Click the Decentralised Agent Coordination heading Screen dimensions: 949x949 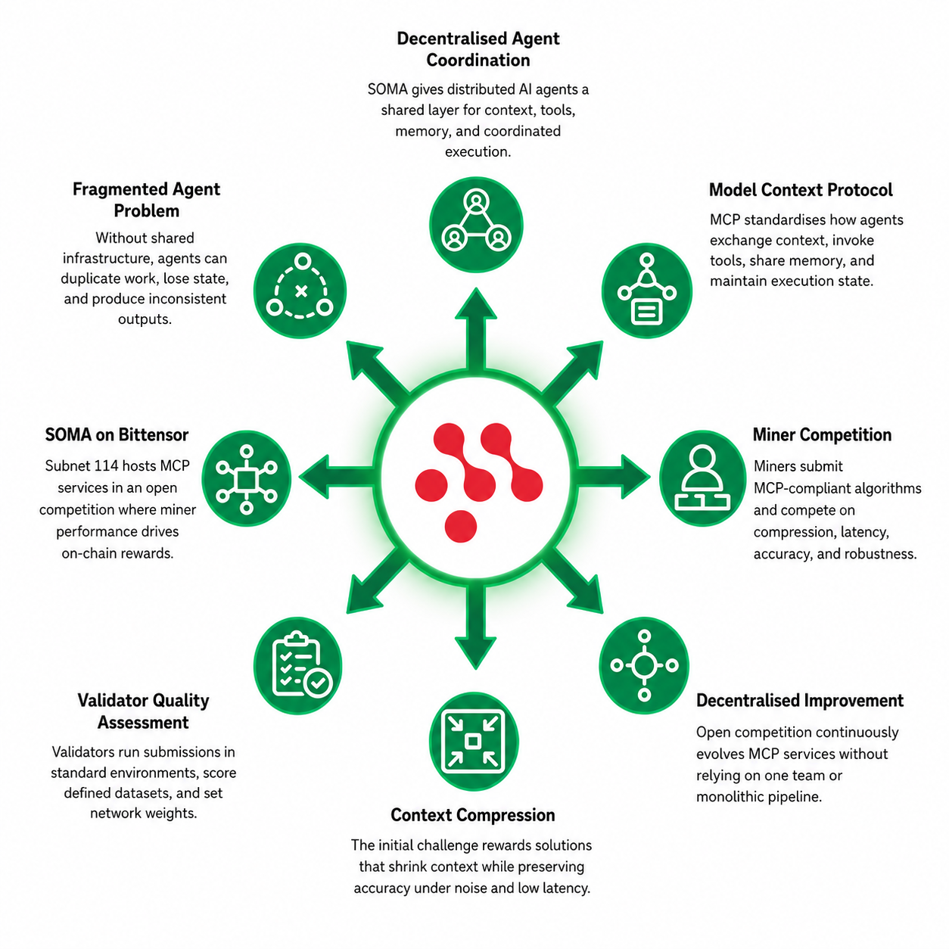click(x=478, y=49)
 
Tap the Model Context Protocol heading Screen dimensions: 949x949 click(x=800, y=190)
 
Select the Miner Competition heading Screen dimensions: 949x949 click(x=822, y=435)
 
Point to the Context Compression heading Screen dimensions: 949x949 click(x=473, y=816)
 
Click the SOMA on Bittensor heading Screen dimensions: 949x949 click(x=117, y=435)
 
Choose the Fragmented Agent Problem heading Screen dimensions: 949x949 click(x=146, y=200)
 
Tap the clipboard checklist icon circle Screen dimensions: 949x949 click(x=298, y=665)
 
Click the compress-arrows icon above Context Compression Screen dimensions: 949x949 click(x=473, y=741)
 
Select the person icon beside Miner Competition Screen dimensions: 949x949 click(x=703, y=478)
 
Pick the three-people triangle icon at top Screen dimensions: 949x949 click(x=476, y=225)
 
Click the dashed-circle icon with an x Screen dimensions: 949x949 click(x=300, y=291)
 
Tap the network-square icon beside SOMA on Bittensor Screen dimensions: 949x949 click(x=246, y=479)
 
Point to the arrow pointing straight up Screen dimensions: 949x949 click(x=476, y=329)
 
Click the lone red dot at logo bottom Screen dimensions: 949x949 click(x=460, y=526)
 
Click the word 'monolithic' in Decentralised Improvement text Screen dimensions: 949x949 click(x=726, y=797)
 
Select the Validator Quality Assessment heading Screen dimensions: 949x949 click(x=143, y=711)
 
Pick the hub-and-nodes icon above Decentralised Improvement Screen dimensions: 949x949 click(x=644, y=665)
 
